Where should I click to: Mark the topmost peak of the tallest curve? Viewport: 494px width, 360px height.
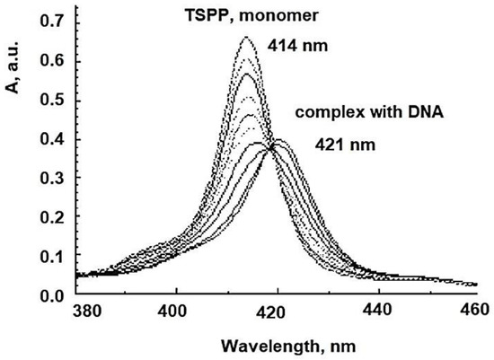coord(245,38)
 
